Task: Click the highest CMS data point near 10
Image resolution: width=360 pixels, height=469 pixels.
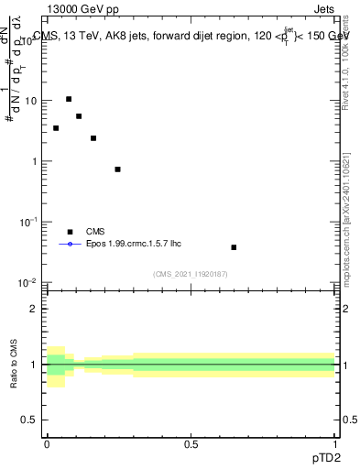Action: tap(69, 99)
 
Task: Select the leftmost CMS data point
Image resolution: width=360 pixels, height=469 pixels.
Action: tap(56, 128)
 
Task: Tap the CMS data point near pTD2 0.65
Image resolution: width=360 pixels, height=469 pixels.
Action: tap(234, 247)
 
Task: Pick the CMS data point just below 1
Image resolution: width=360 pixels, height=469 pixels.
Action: tap(117, 169)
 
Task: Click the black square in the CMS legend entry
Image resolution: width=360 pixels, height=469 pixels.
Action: tap(69, 232)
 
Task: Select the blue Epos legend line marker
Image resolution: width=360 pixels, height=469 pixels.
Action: tap(69, 245)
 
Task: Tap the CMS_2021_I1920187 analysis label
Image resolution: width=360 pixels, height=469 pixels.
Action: tap(191, 273)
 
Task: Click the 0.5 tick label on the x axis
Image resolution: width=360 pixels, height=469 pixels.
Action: tap(191, 443)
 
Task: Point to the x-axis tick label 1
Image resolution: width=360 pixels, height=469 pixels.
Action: tap(334, 443)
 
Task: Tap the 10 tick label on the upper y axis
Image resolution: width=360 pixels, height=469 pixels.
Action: tap(31, 101)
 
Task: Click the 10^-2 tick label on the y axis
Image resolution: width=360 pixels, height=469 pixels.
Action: tap(29, 282)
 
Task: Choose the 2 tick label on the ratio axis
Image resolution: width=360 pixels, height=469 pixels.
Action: tap(34, 309)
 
